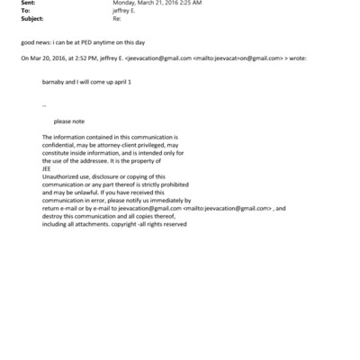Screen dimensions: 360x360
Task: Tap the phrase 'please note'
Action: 68,120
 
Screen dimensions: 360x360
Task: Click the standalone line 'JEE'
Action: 48,166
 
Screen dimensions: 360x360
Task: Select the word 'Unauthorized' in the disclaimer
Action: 61,175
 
